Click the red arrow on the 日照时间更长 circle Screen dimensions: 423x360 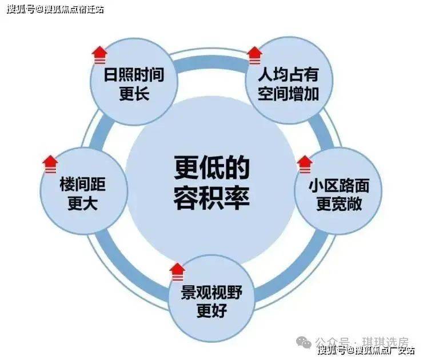pos(99,55)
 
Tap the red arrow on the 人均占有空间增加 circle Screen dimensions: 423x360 pos(255,55)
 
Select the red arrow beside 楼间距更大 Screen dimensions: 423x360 pos(50,164)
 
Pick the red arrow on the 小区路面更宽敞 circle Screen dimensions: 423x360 pos(305,164)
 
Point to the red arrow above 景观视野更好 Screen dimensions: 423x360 pos(177,271)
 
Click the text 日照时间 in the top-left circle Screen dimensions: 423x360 pos(134,75)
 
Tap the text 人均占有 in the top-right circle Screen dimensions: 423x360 pos(289,74)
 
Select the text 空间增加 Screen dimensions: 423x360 pos(289,94)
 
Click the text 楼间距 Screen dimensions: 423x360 pos(82,184)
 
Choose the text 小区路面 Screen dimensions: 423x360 pos(339,186)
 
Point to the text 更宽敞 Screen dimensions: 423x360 pos(339,204)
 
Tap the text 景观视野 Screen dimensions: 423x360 pos(212,293)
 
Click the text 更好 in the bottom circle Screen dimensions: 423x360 pos(212,311)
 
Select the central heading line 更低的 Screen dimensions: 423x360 pos(212,167)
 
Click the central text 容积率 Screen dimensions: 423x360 pos(212,197)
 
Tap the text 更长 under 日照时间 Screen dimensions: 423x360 pos(134,94)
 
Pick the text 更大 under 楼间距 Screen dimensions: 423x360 pos(82,203)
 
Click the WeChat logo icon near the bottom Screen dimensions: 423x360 pos(304,342)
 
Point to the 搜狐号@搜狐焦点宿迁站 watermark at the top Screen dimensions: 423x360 pos(55,10)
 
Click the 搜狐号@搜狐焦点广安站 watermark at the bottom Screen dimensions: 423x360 pos(366,350)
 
